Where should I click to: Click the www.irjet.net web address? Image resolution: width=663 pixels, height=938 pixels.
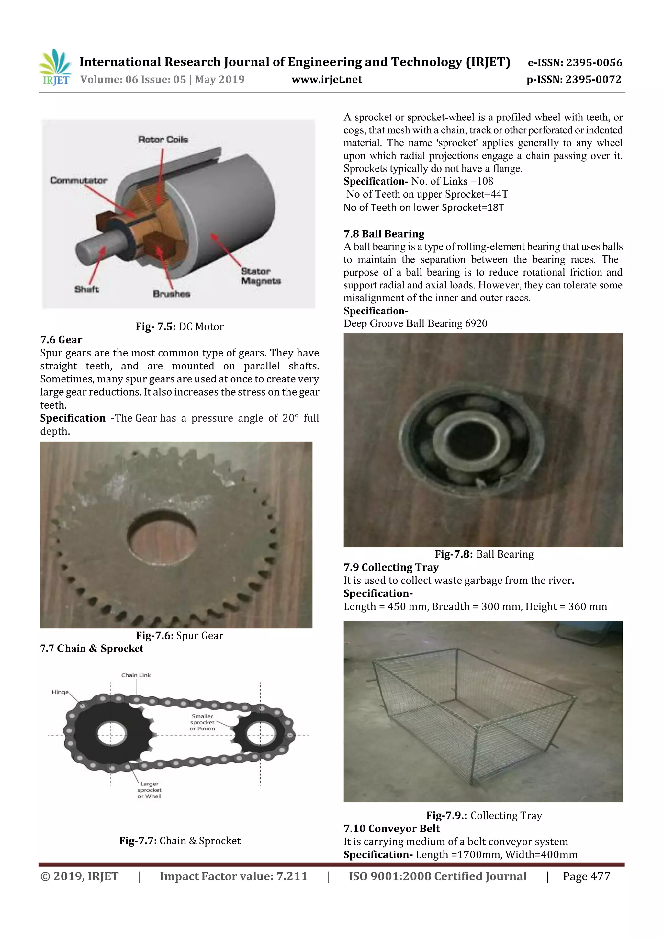coord(326,79)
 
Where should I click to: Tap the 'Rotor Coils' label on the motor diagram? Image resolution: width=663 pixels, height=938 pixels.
coord(163,139)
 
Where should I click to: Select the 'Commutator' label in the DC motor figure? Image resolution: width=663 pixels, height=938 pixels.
coord(78,180)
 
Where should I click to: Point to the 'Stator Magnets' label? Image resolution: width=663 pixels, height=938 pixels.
coord(260,276)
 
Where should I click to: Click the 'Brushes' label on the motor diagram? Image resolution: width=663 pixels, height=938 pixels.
coord(171,294)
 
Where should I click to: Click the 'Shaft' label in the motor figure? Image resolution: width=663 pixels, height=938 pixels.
coord(86,289)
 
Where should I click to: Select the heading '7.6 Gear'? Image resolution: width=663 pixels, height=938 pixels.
coord(61,340)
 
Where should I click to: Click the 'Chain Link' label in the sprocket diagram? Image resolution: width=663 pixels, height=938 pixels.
coord(136,675)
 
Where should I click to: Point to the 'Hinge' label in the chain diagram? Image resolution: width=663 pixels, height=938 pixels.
coord(60,692)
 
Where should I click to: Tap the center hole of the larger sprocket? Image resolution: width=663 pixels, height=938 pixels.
coord(111,734)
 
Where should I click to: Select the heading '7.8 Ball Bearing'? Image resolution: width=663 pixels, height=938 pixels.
coord(384,234)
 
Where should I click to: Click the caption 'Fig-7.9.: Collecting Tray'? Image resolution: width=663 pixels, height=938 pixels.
coord(484,815)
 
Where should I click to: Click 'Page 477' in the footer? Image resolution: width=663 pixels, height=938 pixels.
coord(586,876)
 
